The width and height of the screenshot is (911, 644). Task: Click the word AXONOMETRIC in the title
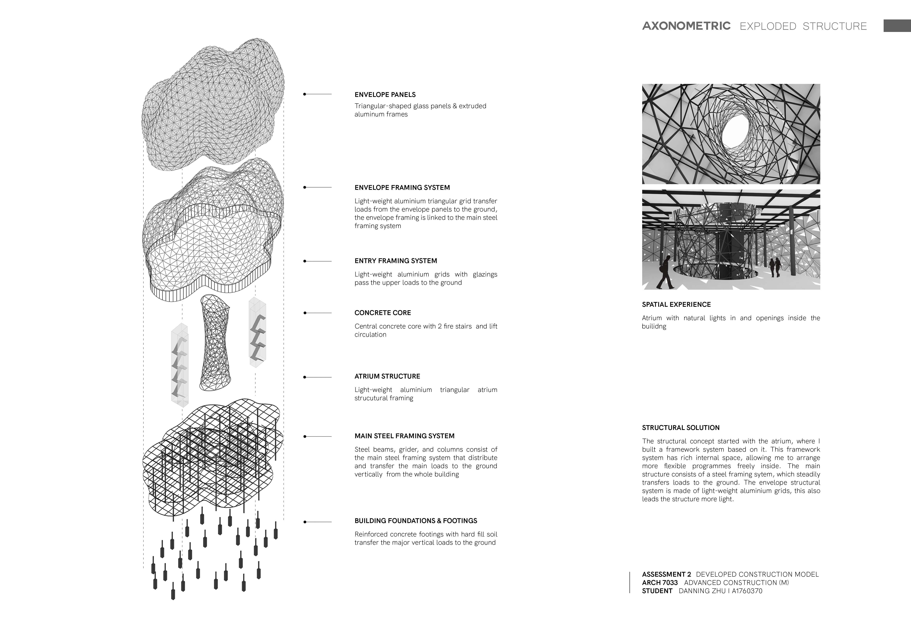tap(686, 26)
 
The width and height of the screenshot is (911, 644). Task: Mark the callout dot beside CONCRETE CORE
tap(305, 313)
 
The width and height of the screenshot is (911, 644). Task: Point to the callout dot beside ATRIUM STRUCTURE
tap(305, 377)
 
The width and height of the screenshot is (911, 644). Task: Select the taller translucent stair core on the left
tap(179, 365)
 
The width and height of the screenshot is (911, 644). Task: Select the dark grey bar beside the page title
tap(897, 26)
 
